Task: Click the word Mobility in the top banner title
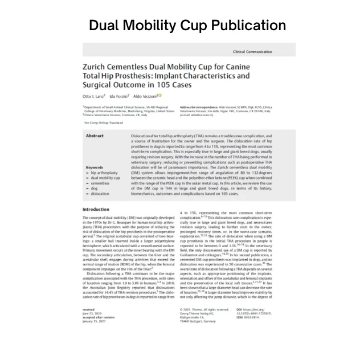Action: point(161,26)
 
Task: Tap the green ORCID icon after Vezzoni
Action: point(160,95)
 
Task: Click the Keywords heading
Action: point(94,167)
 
